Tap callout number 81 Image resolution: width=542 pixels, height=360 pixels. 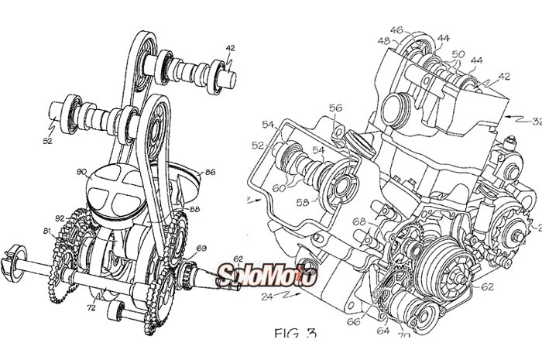point(46,231)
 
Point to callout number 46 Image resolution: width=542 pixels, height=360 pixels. point(396,31)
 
